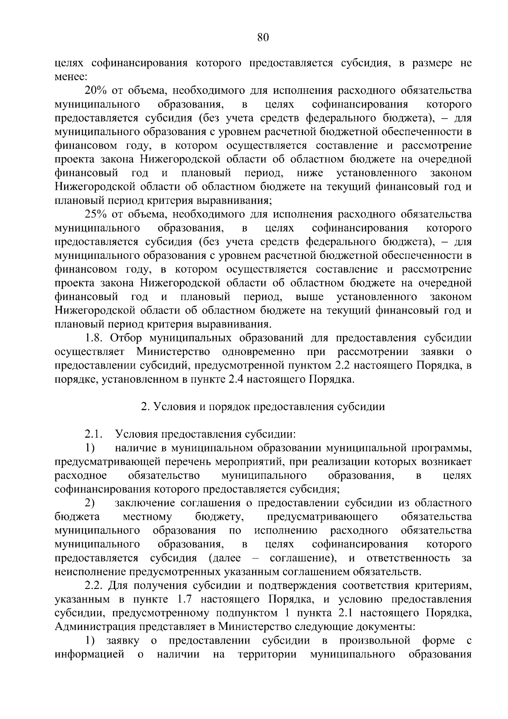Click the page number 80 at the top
point(263,37)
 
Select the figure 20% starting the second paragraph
point(96,91)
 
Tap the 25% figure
point(96,215)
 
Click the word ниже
point(310,173)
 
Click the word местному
point(147,517)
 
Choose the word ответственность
point(408,558)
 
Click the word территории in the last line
point(267,655)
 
